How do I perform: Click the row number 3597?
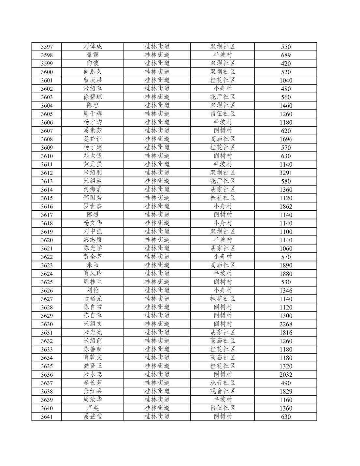click(x=47, y=47)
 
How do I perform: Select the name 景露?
click(x=93, y=55)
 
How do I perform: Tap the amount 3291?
click(x=286, y=173)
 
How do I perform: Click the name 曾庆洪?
click(x=93, y=80)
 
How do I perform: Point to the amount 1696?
click(x=286, y=139)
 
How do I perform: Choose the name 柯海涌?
click(x=93, y=189)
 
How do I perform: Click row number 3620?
click(x=47, y=240)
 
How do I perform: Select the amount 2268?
click(x=286, y=324)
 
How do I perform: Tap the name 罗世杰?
click(x=93, y=206)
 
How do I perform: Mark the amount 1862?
click(x=286, y=206)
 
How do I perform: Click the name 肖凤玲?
click(x=93, y=274)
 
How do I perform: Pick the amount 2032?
click(x=286, y=375)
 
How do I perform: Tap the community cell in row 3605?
click(x=223, y=114)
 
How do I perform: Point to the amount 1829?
click(x=286, y=391)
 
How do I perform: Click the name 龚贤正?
click(x=93, y=366)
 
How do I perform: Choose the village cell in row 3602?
click(x=223, y=89)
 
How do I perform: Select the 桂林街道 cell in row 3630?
click(x=157, y=324)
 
